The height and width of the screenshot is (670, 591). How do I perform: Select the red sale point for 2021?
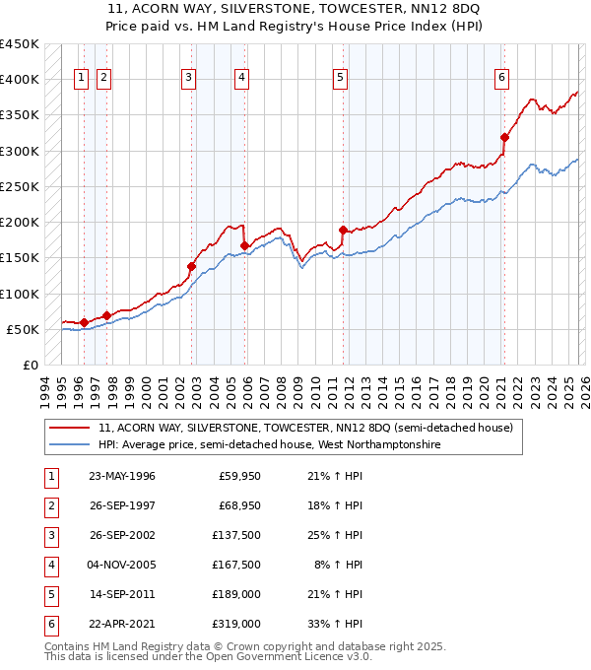pyautogui.click(x=504, y=137)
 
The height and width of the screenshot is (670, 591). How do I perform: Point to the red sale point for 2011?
pyautogui.click(x=343, y=230)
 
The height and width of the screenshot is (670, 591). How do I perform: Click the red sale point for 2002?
pyautogui.click(x=192, y=266)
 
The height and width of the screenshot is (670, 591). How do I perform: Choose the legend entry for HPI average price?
pyautogui.click(x=268, y=445)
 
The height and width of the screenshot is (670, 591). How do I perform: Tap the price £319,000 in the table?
pyautogui.click(x=238, y=624)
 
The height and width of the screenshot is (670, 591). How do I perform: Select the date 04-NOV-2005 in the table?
pyautogui.click(x=121, y=565)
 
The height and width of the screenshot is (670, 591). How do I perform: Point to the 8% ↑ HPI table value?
pyautogui.click(x=337, y=565)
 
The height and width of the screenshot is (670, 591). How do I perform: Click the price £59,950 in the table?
pyautogui.click(x=238, y=476)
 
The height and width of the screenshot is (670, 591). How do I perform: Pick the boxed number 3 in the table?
pyautogui.click(x=49, y=535)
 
